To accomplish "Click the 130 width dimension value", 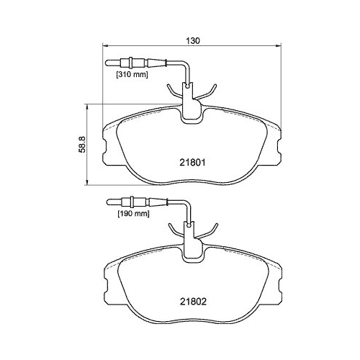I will (x=190, y=41).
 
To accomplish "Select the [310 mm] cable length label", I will (x=132, y=74).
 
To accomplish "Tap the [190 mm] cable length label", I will (x=132, y=213).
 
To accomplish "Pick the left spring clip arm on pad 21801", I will (x=173, y=91).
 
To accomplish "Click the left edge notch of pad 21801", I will (x=105, y=147).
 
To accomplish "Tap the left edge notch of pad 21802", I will (x=105, y=286).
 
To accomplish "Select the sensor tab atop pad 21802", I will (x=191, y=248).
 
